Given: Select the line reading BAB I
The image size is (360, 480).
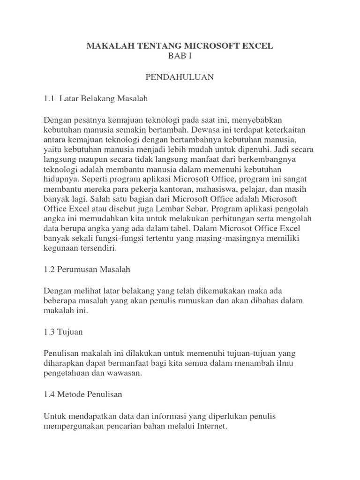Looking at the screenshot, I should coord(180,56).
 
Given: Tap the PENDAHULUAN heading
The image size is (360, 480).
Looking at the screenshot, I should coord(180,77).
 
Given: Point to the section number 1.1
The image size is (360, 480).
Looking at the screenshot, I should coord(49,98).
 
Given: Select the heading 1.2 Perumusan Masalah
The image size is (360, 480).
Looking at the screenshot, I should coord(87,270).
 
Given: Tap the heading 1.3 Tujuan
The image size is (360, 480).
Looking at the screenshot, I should coord(63,331).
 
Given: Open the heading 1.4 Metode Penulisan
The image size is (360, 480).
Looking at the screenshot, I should coord(83,394).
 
